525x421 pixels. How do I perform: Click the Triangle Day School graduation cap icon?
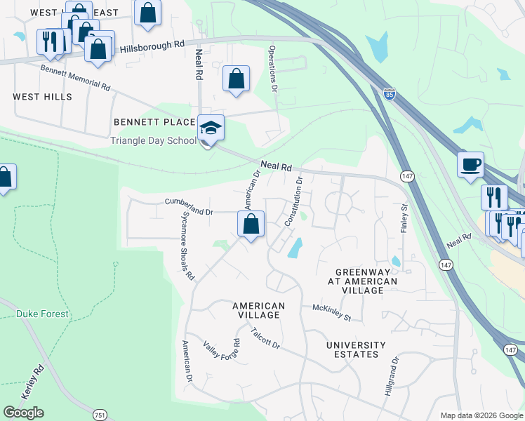click(x=211, y=128)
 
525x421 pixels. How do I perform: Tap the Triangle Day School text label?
click(x=154, y=140)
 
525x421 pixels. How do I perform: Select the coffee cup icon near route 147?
click(x=470, y=165)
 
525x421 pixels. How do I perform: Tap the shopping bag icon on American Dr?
click(x=251, y=225)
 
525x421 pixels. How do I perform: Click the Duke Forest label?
click(x=43, y=314)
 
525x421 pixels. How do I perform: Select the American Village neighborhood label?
click(x=258, y=310)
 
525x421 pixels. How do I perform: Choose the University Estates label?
click(x=356, y=349)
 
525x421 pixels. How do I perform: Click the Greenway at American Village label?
click(x=366, y=281)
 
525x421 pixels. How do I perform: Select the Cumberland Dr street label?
click(x=188, y=207)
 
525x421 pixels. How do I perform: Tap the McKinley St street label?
click(x=331, y=313)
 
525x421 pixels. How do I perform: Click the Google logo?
click(x=23, y=413)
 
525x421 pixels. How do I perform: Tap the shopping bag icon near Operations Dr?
click(x=237, y=79)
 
